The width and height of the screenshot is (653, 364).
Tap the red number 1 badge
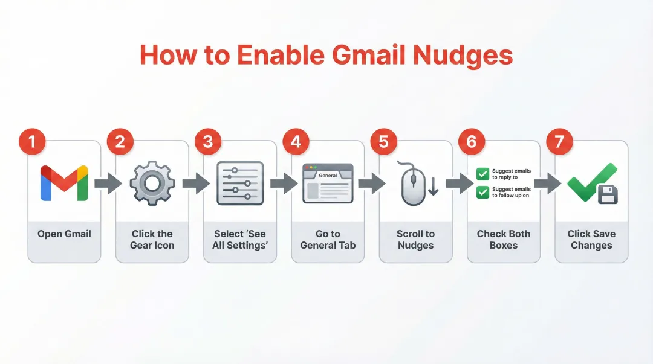(x=32, y=142)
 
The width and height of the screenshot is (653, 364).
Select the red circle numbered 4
(x=296, y=142)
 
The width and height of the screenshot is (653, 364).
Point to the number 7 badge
(x=559, y=142)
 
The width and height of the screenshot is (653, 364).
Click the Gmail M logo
(x=64, y=183)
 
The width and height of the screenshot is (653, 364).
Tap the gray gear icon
(x=152, y=183)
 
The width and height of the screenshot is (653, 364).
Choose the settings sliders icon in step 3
(x=240, y=183)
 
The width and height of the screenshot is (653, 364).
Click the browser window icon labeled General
(x=328, y=183)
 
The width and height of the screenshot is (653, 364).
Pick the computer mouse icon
(x=411, y=183)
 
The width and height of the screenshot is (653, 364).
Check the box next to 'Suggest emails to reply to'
(x=482, y=174)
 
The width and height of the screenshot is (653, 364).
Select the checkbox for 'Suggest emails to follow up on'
(x=482, y=192)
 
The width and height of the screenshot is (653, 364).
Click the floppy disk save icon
(x=606, y=194)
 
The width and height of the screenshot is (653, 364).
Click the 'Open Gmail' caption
(x=64, y=234)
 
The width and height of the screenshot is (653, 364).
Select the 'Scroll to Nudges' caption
(x=415, y=240)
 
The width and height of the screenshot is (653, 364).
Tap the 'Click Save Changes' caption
(x=591, y=240)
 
